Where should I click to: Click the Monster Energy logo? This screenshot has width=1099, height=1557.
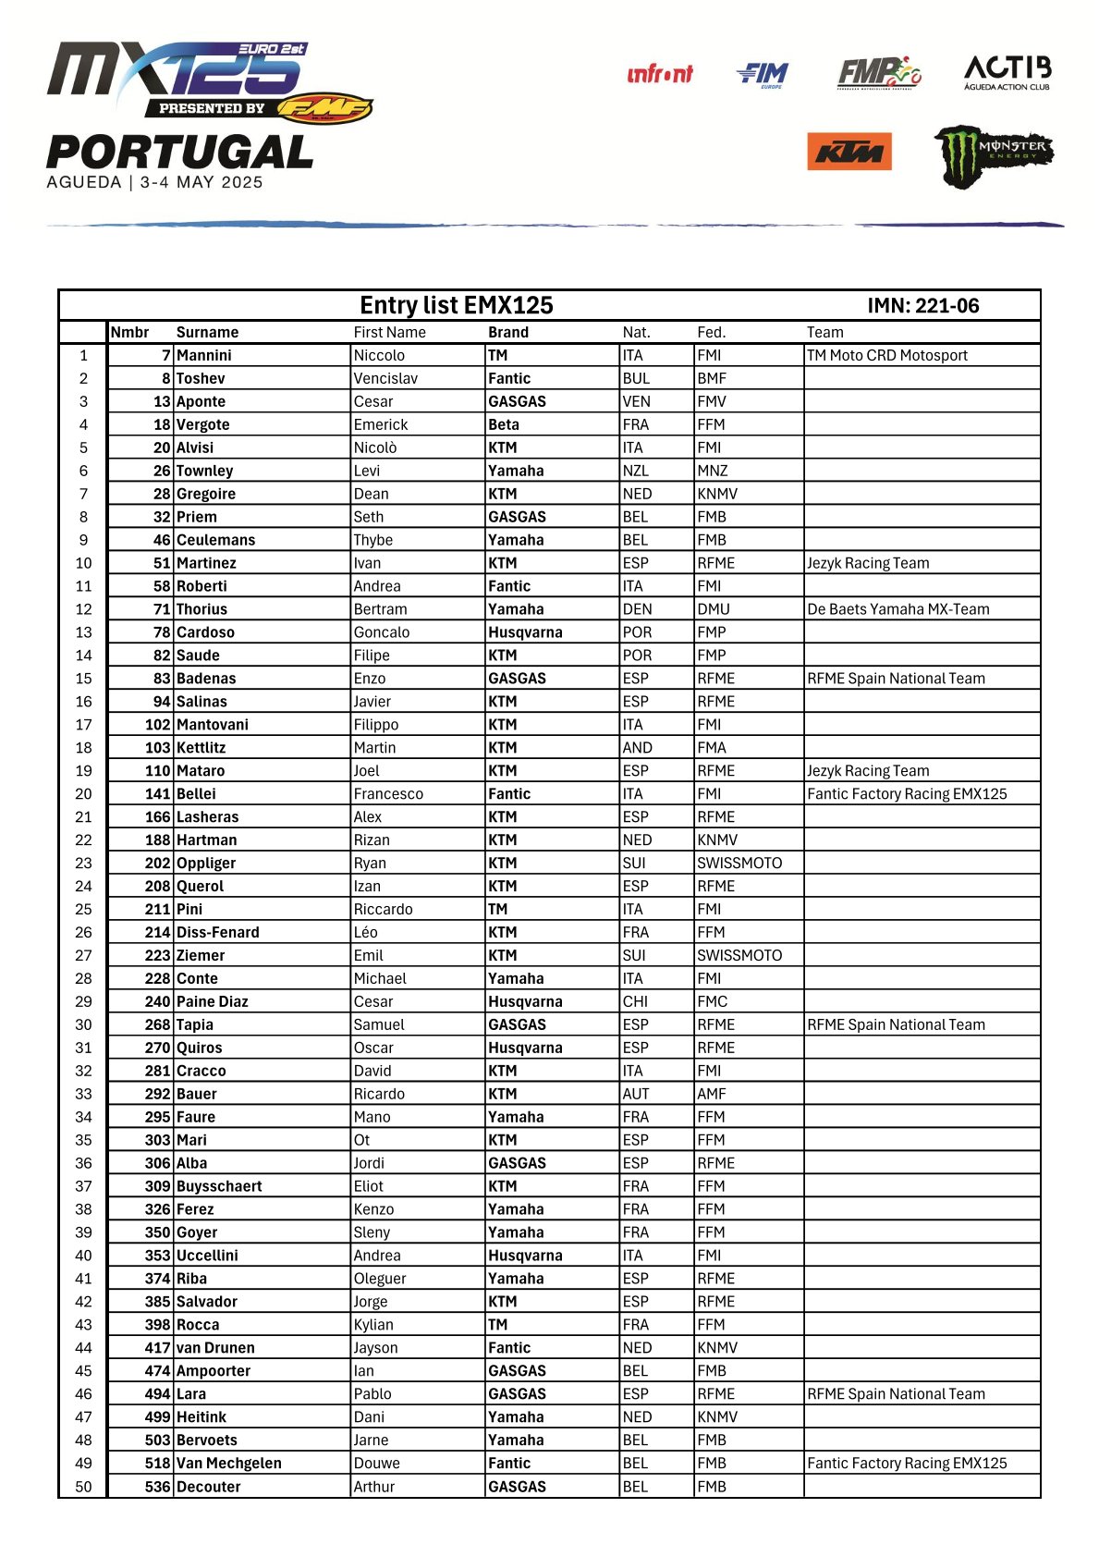coord(993,155)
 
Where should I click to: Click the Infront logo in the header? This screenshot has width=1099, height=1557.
coord(659,74)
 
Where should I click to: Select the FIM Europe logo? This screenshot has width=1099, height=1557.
coord(763,74)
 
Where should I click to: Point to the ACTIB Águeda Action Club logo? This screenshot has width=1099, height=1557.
coord(1007,72)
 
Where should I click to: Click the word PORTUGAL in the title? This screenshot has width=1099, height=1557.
coord(180,153)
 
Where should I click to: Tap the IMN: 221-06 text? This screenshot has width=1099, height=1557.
coord(922,306)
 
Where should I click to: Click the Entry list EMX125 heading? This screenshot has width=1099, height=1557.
coord(456,305)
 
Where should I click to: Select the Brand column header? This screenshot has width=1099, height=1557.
coord(508,332)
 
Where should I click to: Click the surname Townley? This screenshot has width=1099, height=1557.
coord(204,471)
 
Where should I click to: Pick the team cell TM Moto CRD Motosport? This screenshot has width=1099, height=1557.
coord(886,355)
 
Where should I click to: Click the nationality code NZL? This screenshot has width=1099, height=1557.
coord(636,471)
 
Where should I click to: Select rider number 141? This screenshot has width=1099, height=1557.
coord(157,793)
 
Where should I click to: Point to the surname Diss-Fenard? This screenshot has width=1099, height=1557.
coord(217,932)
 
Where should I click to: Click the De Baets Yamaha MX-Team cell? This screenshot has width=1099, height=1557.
coord(898,609)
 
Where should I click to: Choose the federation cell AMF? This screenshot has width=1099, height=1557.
coord(712,1094)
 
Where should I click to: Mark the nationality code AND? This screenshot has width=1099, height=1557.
coord(637,747)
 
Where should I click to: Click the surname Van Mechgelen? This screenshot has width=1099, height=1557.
coord(228,1463)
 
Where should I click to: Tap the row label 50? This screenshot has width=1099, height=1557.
coord(83,1487)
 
